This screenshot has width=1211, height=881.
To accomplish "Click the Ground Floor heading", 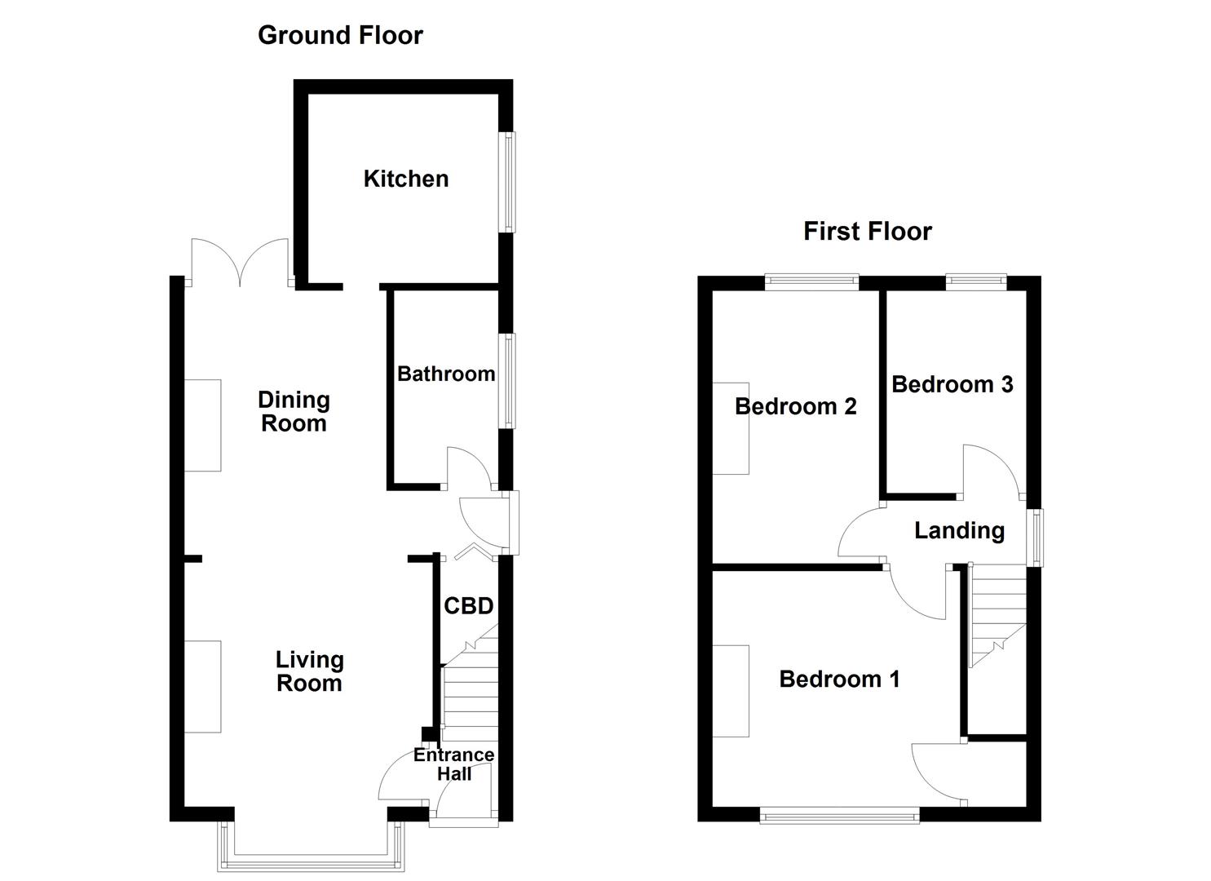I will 340,35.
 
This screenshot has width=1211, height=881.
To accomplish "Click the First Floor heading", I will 867,231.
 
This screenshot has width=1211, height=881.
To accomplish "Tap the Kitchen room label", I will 405,179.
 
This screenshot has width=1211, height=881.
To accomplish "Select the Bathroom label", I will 446,374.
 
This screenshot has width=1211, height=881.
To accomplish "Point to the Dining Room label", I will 294,411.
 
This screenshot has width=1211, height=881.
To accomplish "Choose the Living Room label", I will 309,671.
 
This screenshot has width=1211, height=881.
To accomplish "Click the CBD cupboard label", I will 468,606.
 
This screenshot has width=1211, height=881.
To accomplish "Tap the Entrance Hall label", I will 453,764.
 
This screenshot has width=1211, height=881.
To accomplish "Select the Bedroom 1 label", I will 839,679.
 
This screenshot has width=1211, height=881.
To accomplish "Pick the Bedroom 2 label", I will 795,406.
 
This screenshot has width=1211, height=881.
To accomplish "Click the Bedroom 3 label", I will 952,384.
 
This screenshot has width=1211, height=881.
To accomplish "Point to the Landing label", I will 959,530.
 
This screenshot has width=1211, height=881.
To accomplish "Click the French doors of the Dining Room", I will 240,263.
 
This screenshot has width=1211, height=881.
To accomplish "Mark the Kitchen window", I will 508,182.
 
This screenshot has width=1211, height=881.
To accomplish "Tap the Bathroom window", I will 508,380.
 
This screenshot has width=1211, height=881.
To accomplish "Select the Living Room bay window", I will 311,857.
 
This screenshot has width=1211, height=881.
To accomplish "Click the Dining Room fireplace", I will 202,425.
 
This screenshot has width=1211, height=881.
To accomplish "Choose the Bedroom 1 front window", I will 839,814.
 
